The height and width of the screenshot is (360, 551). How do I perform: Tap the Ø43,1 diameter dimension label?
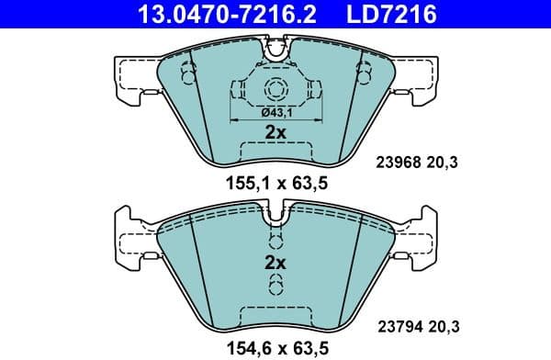[275, 111]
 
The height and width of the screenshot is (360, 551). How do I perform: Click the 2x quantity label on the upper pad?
[275, 132]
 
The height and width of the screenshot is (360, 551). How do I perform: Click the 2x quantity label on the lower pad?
[275, 263]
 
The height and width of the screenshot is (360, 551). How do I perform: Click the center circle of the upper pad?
[275, 90]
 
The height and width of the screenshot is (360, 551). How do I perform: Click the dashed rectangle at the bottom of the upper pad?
[275, 152]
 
